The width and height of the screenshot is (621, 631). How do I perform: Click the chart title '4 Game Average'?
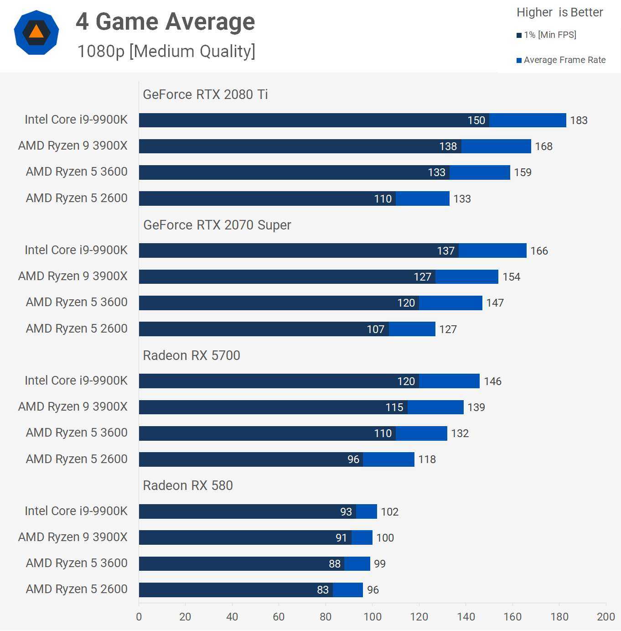point(165,21)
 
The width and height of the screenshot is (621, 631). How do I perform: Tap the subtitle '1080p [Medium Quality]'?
point(166,51)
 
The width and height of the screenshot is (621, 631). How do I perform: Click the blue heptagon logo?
point(36,32)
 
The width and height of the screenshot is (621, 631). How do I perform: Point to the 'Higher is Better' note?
point(559,12)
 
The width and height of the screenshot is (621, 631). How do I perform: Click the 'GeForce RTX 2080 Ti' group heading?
point(205,94)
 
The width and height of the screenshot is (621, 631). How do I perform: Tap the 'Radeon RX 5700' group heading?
point(191,355)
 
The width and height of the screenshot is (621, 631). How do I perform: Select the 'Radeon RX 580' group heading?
point(188,485)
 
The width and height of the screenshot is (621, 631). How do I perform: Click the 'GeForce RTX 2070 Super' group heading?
point(217,225)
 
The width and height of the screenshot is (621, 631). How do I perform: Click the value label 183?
point(579,120)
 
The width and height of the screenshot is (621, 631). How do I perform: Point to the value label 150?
point(476,120)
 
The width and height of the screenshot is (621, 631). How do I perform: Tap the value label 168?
point(543,146)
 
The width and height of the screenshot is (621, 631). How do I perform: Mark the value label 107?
point(375,329)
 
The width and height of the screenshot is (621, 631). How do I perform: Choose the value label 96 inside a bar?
point(353,459)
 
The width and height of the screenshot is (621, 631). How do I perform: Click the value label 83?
point(323,590)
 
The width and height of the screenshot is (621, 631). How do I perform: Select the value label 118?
point(427,459)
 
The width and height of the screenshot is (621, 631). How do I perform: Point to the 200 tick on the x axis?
point(605,617)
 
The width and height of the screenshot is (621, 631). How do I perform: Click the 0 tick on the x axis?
point(139,617)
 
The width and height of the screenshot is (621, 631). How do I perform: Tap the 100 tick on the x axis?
point(372,617)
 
